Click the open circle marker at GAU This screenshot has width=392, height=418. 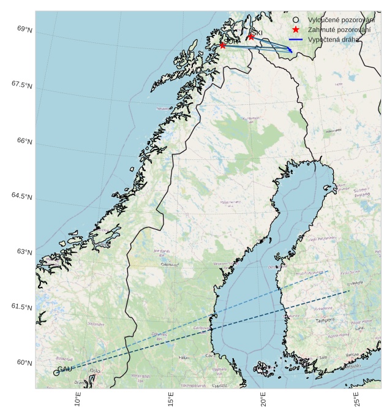(56, 373)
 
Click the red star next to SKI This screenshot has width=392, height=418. (251, 37)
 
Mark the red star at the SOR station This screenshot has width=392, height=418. (222, 45)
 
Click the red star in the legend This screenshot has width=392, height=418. (296, 29)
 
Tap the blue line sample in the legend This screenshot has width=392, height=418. (296, 39)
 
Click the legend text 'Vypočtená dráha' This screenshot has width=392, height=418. (334, 39)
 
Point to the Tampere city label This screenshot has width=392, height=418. (325, 321)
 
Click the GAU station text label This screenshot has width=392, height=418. (65, 368)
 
